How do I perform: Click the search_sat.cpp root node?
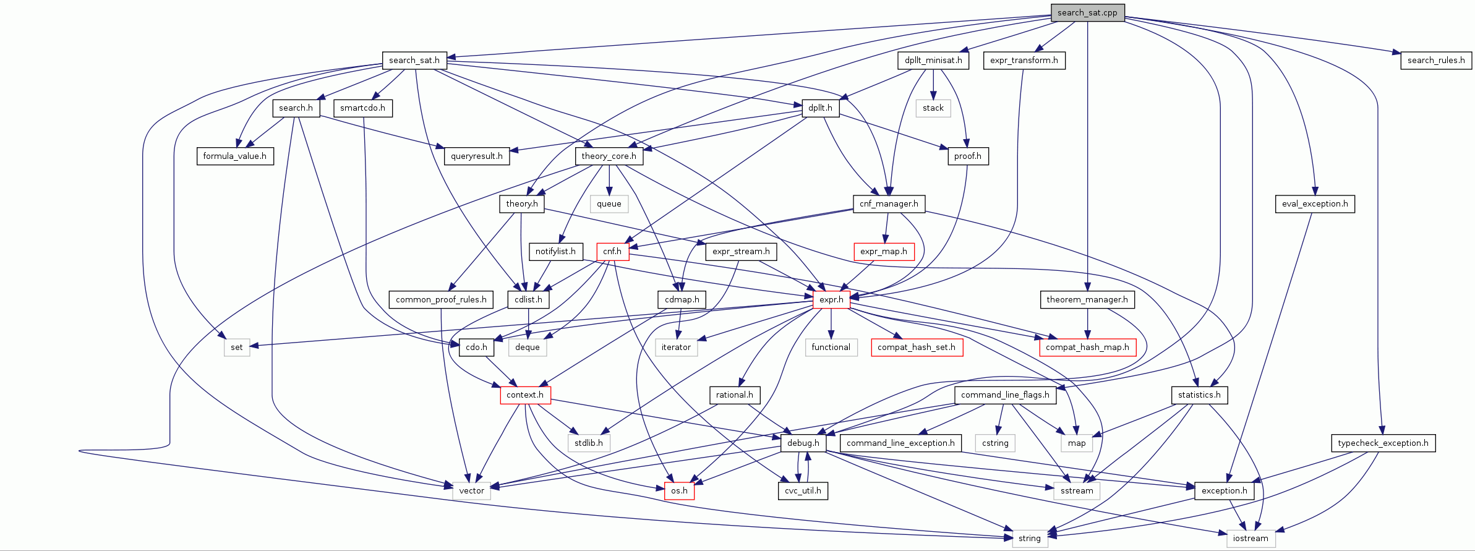point(1087,12)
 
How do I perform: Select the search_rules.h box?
point(1435,60)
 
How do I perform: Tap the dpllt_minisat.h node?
point(933,60)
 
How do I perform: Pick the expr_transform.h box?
point(1024,60)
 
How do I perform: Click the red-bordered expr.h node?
point(831,299)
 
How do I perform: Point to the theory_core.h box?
point(609,156)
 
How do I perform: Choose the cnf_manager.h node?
point(889,203)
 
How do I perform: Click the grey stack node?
point(933,108)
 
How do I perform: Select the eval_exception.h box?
point(1314,203)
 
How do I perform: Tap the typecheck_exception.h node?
point(1383,443)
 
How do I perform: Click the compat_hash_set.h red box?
point(916,347)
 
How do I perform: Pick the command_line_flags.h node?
point(1004,395)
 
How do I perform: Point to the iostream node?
point(1250,538)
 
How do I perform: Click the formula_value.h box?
point(234,156)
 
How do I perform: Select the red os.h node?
point(679,490)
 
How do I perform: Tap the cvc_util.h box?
point(803,490)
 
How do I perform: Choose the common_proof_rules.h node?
point(441,299)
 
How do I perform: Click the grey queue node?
point(609,203)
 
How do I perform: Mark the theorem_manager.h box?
point(1087,299)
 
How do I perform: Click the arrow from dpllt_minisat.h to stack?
point(933,84)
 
